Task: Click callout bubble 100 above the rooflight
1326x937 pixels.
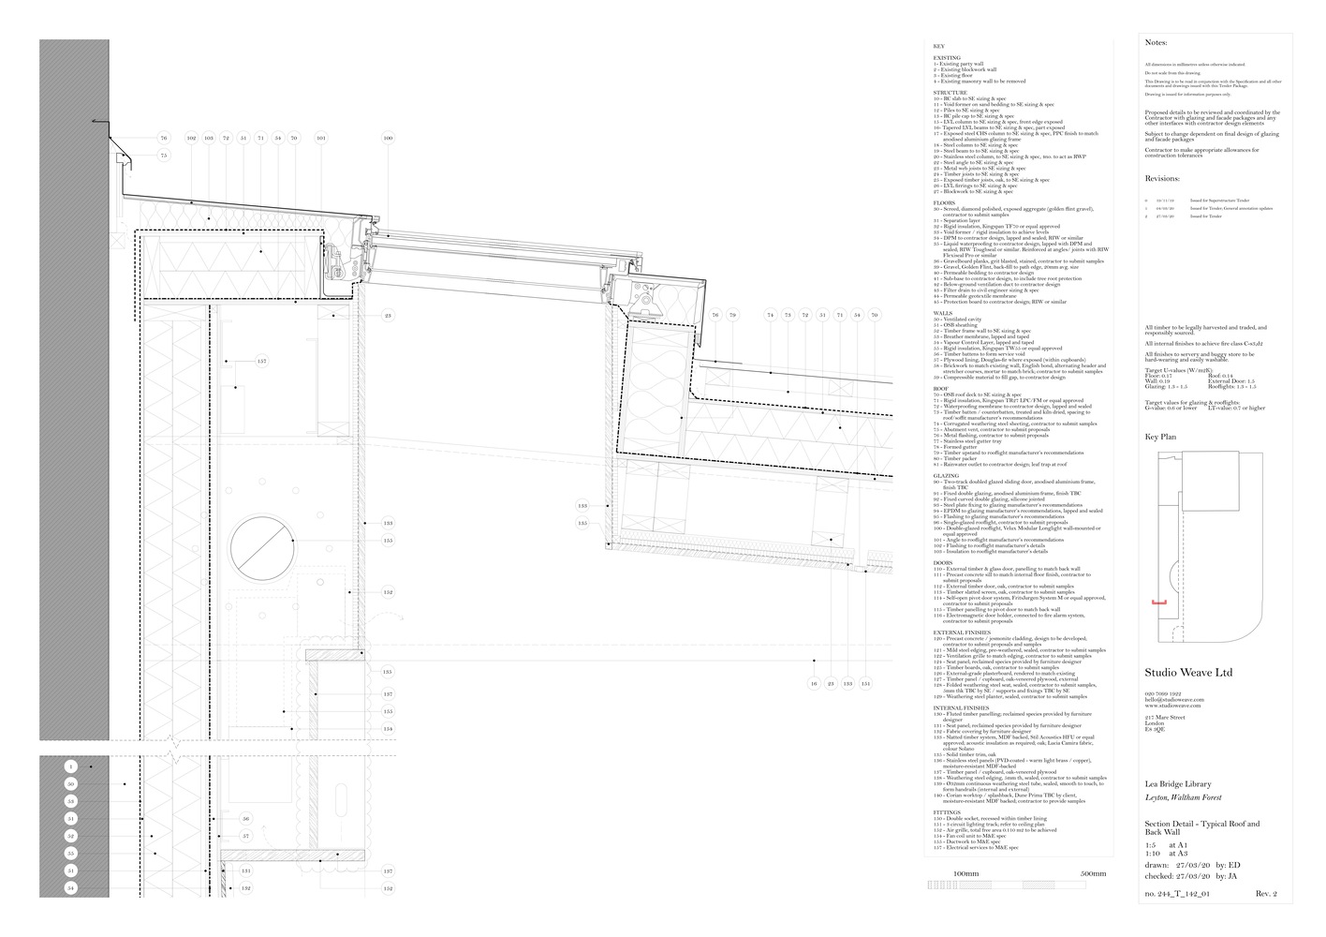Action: (389, 139)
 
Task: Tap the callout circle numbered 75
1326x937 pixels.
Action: (164, 156)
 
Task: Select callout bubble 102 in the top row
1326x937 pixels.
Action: (192, 139)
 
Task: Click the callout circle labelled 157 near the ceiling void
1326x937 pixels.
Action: (261, 361)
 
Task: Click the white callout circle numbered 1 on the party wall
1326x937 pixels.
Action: (70, 766)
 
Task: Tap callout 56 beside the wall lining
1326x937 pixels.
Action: (246, 819)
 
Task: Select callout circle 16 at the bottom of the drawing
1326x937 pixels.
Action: (814, 684)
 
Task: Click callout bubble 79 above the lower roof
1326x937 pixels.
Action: (733, 316)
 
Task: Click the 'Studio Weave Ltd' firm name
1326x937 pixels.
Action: (1188, 673)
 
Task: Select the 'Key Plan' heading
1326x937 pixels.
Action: (1160, 438)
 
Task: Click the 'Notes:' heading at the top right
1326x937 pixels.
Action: (1157, 43)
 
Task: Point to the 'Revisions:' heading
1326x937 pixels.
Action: (1162, 179)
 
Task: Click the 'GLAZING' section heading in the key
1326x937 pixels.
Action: (946, 476)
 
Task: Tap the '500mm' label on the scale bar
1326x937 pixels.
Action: (1092, 873)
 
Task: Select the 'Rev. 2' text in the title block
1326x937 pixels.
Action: (1266, 895)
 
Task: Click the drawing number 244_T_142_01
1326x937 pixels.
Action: (1177, 895)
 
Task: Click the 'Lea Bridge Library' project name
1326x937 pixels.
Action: (1178, 784)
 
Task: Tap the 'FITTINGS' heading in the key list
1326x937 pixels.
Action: (947, 813)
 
